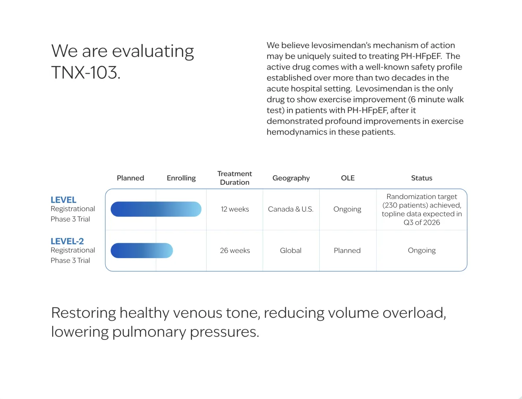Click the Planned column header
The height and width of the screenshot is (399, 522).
point(130,178)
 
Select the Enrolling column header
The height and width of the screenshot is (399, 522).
point(181,178)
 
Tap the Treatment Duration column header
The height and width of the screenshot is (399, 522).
point(234,178)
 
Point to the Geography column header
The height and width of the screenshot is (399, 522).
point(291,178)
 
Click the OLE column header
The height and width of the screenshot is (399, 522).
point(348,178)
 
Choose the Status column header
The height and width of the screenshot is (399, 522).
point(422,178)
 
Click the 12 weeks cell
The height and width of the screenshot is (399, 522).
point(235,209)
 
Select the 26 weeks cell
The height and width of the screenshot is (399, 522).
point(235,250)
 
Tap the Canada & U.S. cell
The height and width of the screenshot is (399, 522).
point(291,209)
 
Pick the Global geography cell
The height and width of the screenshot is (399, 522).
point(291,250)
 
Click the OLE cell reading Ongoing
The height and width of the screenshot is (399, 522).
point(347,209)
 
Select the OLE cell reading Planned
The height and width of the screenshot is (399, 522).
point(347,250)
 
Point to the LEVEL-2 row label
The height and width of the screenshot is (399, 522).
point(67,241)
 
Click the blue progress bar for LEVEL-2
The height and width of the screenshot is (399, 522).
point(142,251)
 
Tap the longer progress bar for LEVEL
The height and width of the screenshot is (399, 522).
point(156,209)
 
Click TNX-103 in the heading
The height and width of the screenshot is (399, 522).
point(85,72)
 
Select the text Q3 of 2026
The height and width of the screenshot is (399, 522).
point(422,223)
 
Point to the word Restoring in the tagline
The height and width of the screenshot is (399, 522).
point(84,313)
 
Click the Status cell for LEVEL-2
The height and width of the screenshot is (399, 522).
point(422,250)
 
